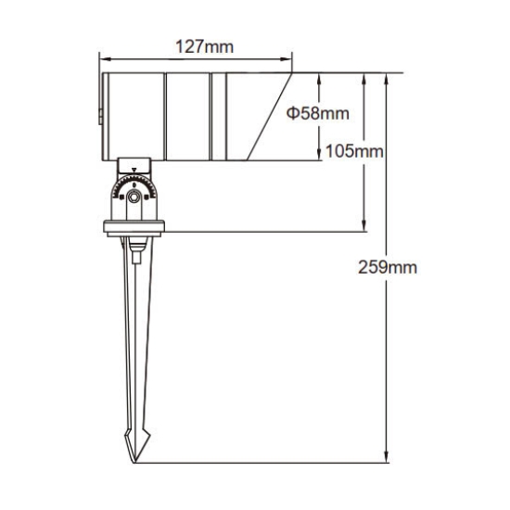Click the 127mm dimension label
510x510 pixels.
205,47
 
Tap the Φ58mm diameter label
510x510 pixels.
318,113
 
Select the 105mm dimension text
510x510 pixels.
354,151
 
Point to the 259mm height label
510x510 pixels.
388,267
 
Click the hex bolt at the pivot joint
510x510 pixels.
134,197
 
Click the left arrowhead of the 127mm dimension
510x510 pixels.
105,59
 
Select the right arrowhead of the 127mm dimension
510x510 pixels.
286,59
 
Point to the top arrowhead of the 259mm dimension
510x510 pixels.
387,79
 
